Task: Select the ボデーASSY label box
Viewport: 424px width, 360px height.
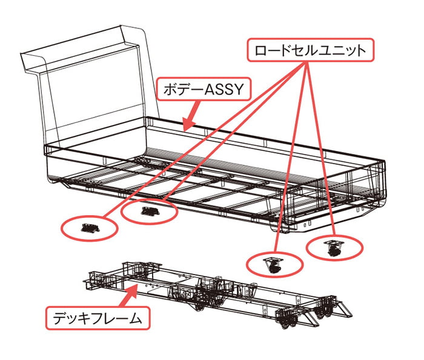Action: click(x=202, y=90)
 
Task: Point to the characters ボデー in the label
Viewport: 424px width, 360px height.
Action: click(x=181, y=90)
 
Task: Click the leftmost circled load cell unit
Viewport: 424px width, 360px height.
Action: click(x=89, y=227)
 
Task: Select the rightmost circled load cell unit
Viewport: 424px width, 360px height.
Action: click(x=334, y=247)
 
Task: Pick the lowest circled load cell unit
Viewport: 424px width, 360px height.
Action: click(x=274, y=263)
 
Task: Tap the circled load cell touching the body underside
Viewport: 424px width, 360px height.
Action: click(x=149, y=211)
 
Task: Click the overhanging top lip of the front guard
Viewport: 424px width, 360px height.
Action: click(x=85, y=48)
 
